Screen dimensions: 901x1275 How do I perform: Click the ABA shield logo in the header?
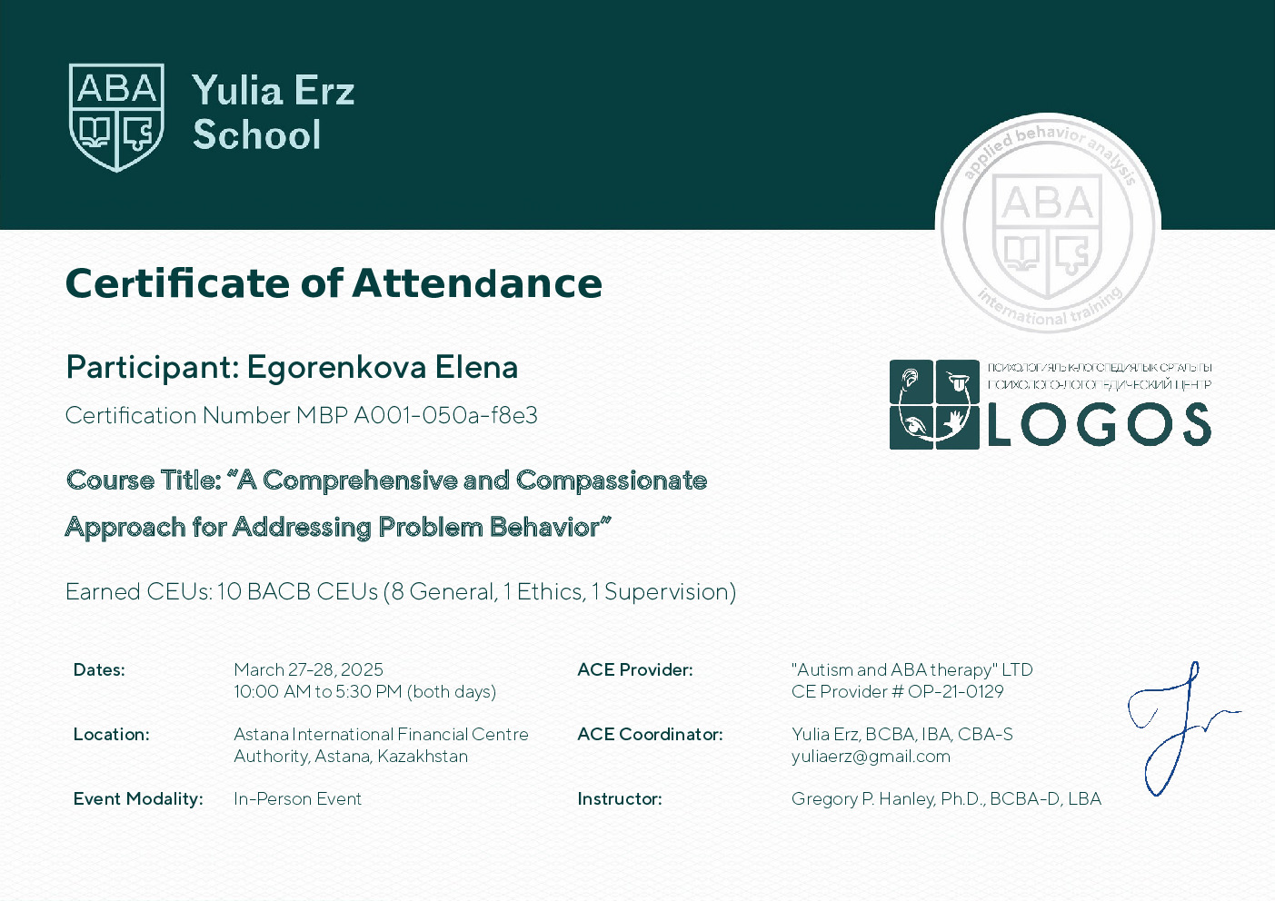point(116,117)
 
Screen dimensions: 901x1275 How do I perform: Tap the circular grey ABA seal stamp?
point(1048,224)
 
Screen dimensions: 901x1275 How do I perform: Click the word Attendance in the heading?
point(477,283)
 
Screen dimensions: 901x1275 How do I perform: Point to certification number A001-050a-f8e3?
point(445,416)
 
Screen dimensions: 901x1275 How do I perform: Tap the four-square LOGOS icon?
point(934,405)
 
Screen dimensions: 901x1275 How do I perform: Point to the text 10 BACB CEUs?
point(297,592)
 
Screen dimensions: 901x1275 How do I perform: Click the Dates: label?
point(99,670)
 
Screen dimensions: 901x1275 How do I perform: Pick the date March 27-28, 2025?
point(308,670)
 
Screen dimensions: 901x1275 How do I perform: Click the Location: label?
point(111,735)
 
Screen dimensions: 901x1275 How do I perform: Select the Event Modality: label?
point(138,799)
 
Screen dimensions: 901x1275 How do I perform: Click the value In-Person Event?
point(297,799)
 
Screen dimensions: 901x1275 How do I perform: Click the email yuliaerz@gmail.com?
point(871,757)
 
